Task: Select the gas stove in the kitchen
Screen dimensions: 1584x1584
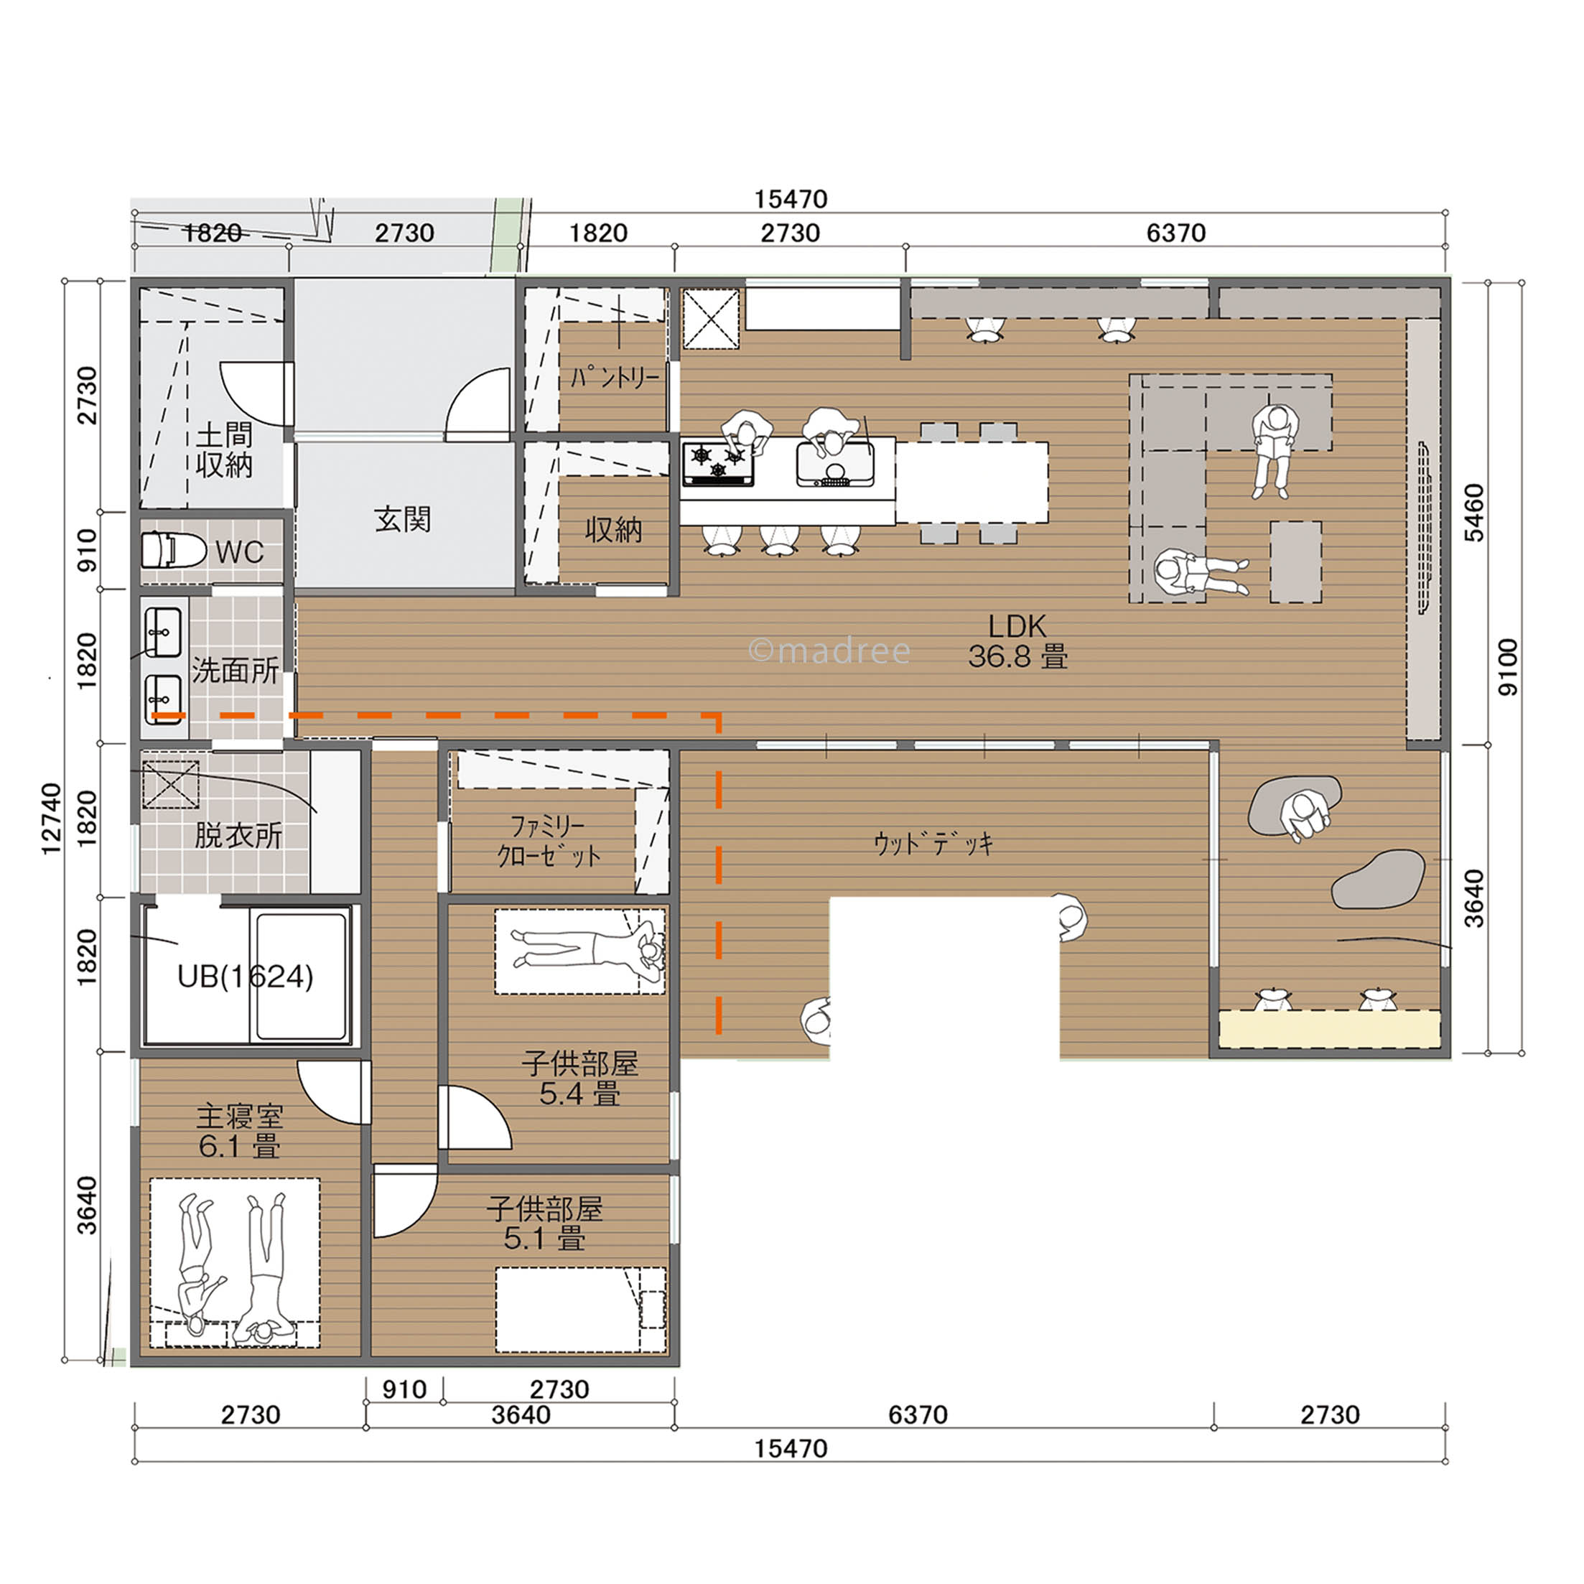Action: click(718, 464)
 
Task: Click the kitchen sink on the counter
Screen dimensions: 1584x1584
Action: click(834, 464)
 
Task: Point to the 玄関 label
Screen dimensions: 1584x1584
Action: click(403, 519)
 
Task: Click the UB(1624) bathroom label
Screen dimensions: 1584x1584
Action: click(245, 977)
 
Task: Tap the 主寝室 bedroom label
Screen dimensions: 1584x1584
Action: click(239, 1117)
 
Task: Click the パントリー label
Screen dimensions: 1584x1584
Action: click(615, 377)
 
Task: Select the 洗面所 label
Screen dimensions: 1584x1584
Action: click(236, 671)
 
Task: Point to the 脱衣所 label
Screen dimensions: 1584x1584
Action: click(238, 836)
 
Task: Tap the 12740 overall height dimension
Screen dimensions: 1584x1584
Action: click(51, 819)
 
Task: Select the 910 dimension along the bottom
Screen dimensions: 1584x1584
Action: click(404, 1389)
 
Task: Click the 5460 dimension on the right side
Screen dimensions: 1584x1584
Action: click(1473, 513)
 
